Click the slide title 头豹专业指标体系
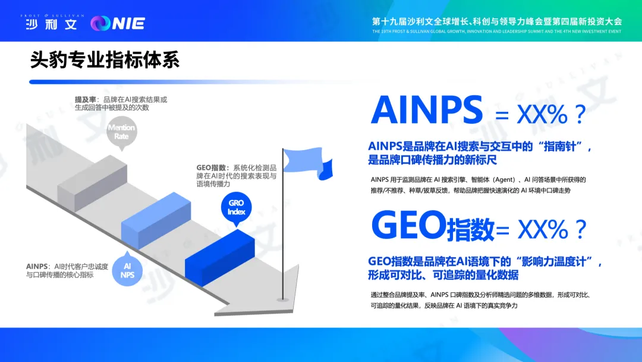[x=105, y=60]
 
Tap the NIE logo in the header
[x=118, y=23]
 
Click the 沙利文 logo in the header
[x=52, y=23]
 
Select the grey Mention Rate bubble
[x=122, y=132]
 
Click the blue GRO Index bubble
[x=236, y=208]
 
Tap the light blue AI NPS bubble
[x=127, y=270]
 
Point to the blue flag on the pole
[x=308, y=163]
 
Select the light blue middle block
[x=156, y=220]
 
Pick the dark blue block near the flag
[x=220, y=258]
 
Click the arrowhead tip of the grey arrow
[x=298, y=266]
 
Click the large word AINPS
[x=427, y=110]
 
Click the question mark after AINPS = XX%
[x=580, y=114]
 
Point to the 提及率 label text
[x=85, y=99]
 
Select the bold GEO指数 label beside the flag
[x=211, y=168]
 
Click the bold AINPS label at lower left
[x=37, y=267]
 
